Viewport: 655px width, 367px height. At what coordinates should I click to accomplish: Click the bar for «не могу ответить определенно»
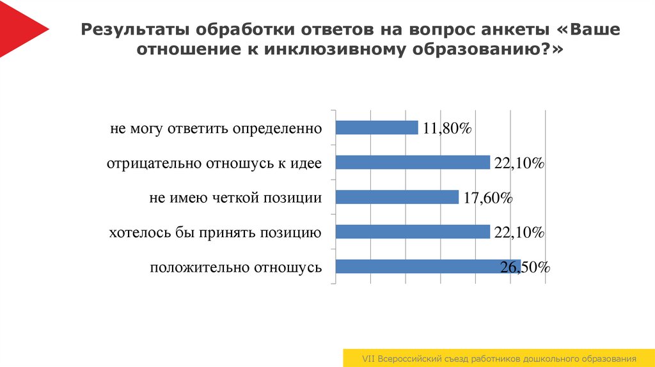(377, 128)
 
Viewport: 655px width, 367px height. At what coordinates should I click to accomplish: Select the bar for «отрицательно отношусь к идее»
(413, 162)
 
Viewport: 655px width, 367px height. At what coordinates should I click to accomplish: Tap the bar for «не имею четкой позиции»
(397, 197)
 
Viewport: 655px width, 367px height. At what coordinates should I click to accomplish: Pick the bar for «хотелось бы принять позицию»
(413, 231)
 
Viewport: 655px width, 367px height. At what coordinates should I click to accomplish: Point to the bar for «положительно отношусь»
(427, 267)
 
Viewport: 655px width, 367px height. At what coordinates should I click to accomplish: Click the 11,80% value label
(446, 129)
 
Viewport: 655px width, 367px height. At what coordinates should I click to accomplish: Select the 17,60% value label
(487, 198)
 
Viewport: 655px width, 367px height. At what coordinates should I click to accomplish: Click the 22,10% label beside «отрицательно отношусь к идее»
(519, 164)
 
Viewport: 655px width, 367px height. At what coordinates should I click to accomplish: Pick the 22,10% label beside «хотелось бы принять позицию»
(519, 233)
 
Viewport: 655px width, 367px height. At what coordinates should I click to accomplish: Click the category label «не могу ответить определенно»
(216, 129)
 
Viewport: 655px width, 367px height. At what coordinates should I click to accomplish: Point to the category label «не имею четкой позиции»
(235, 198)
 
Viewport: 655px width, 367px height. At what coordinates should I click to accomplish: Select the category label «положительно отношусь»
(235, 267)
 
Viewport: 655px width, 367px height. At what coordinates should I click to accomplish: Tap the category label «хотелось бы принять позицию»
(215, 233)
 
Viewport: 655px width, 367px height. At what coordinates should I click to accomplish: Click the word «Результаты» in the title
(134, 30)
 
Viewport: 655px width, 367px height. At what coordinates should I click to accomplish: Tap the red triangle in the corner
(19, 28)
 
